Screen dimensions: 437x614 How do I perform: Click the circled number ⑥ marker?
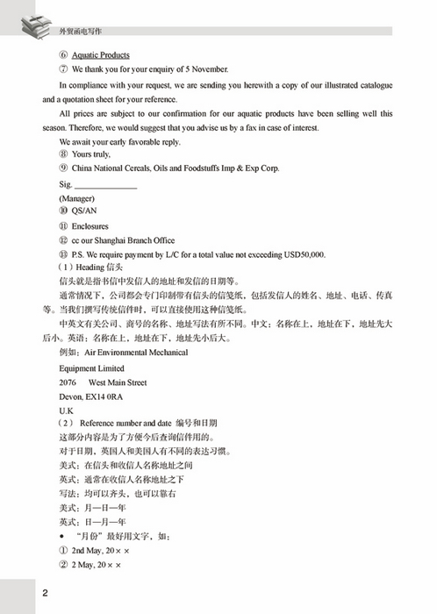coord(63,54)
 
